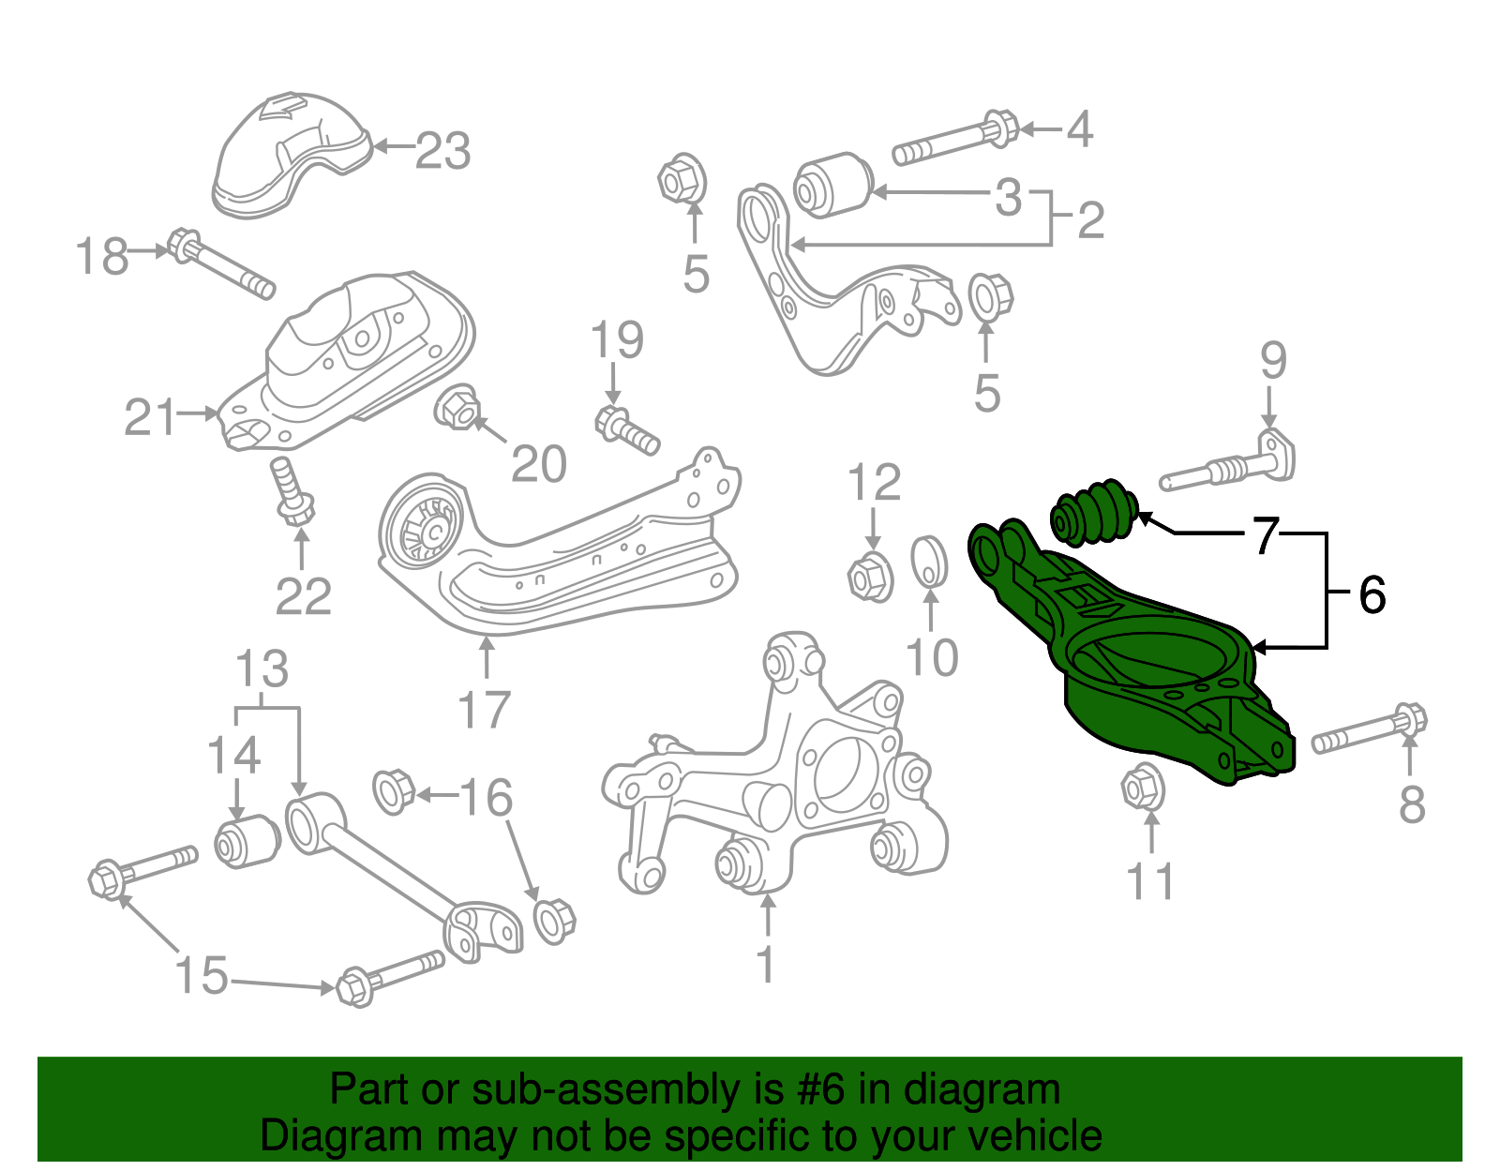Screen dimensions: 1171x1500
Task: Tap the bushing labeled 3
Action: tap(832, 185)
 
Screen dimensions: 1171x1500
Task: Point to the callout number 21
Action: tap(150, 417)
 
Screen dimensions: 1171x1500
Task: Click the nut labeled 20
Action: tap(457, 408)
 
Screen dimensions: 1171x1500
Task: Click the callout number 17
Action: tap(485, 710)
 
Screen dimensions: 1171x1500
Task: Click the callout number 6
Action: tap(1372, 594)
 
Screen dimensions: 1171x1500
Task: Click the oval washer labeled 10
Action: tap(929, 561)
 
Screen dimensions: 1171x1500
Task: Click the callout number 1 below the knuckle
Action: tap(766, 964)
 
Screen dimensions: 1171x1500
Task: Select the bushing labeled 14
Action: tap(247, 840)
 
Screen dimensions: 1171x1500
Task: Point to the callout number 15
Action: tap(202, 975)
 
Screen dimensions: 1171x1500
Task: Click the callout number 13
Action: tap(262, 669)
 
